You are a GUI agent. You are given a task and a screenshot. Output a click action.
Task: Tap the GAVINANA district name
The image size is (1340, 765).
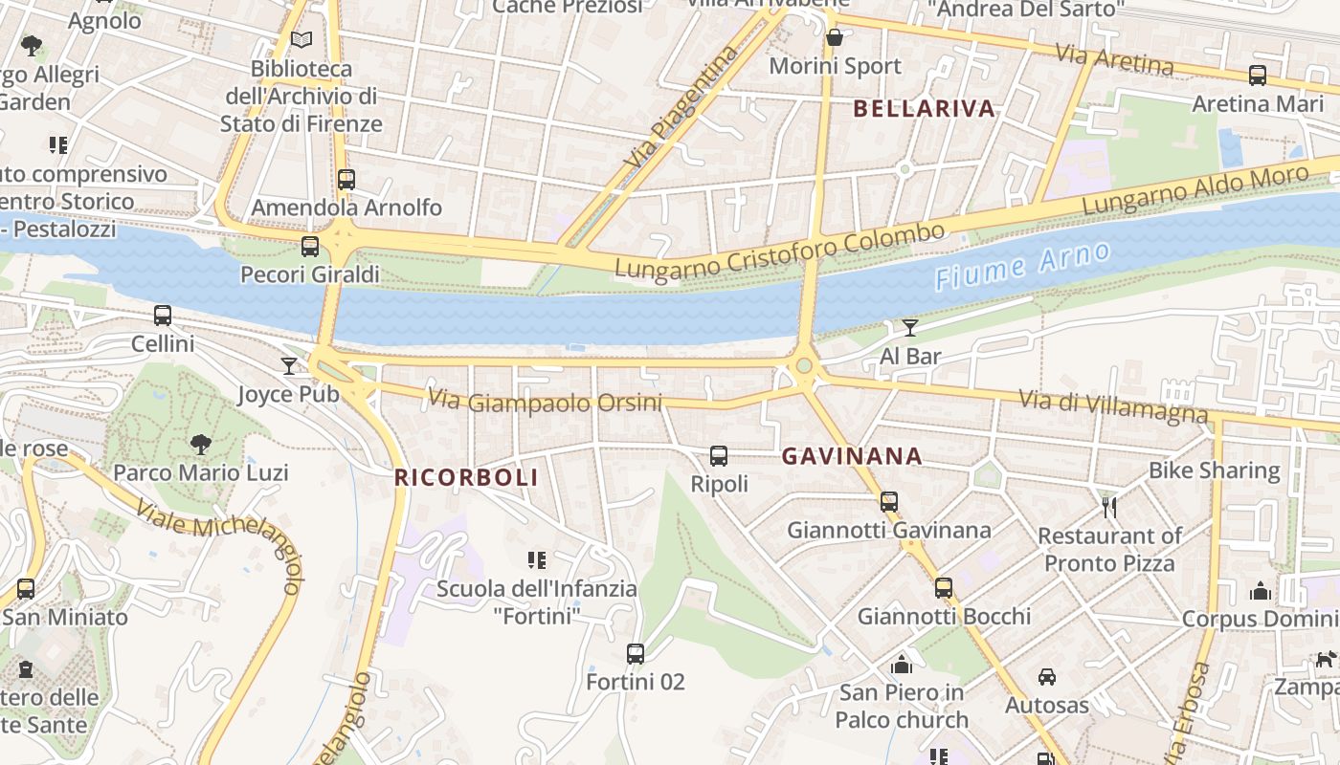coord(852,456)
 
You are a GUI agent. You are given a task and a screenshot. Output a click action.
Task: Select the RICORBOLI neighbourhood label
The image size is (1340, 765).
coord(466,477)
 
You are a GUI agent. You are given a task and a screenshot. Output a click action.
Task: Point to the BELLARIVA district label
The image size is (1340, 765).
coord(924,109)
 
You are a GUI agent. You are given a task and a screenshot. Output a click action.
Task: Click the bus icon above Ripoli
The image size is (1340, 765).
coord(719,456)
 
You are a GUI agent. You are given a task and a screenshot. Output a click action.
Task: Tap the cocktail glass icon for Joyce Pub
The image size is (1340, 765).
coord(289,365)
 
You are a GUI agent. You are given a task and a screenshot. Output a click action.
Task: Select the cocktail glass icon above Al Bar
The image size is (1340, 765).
coord(910,328)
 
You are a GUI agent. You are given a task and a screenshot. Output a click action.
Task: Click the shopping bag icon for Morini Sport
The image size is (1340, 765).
coord(835,38)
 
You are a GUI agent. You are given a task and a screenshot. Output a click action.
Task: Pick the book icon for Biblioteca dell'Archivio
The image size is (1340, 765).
coord(301,40)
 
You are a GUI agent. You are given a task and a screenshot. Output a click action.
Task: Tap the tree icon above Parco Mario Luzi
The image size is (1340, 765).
coord(200,444)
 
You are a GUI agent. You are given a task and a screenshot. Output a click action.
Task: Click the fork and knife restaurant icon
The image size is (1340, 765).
coord(1109,507)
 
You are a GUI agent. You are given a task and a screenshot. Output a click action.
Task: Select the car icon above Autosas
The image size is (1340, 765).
coord(1047,677)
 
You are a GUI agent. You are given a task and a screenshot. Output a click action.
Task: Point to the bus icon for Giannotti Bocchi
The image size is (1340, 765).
coord(944,587)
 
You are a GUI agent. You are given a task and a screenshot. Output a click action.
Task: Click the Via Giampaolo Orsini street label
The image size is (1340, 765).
coord(545,401)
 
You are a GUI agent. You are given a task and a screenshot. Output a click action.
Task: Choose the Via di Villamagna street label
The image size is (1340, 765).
coord(1112,406)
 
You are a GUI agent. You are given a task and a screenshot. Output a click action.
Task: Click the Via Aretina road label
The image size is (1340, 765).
coord(1114,59)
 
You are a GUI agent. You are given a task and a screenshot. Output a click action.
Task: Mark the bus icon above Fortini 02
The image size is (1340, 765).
coord(635,654)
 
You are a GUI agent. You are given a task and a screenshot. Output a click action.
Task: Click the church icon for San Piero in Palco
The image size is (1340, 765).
coord(902,664)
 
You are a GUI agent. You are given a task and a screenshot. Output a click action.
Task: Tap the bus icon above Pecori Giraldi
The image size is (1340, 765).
coord(310,247)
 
